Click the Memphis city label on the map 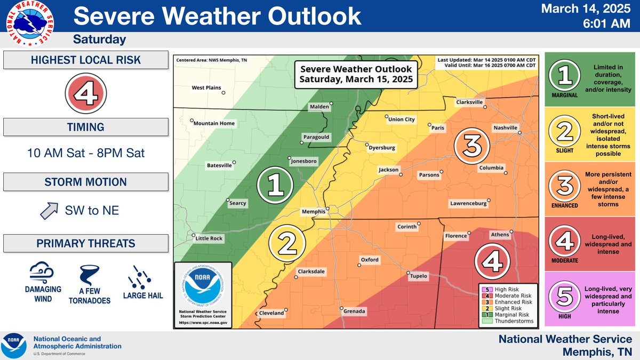click(313, 212)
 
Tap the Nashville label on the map click(505, 128)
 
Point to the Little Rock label click(209, 238)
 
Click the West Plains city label click(206, 87)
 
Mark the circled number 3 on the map click(471, 144)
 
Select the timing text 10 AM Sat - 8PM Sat click(86, 153)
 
